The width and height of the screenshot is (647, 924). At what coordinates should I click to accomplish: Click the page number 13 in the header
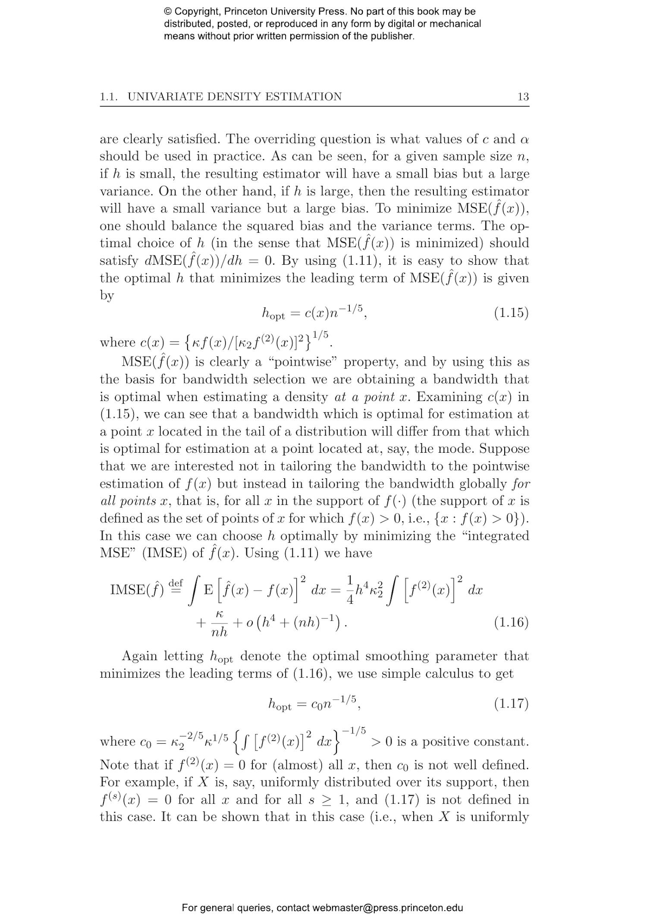click(x=523, y=97)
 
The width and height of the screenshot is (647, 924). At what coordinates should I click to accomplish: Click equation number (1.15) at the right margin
click(x=511, y=313)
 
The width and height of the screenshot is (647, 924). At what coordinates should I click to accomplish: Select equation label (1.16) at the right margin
click(x=511, y=622)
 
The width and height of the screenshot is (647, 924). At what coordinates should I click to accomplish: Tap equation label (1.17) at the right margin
click(x=511, y=704)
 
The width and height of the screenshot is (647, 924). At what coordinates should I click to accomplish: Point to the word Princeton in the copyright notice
click(x=248, y=12)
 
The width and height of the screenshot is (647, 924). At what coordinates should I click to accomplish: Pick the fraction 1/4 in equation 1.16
click(x=350, y=589)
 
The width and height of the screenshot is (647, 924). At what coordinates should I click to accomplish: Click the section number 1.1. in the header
click(x=109, y=97)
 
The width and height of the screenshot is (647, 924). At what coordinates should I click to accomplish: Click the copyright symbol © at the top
click(x=168, y=12)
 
